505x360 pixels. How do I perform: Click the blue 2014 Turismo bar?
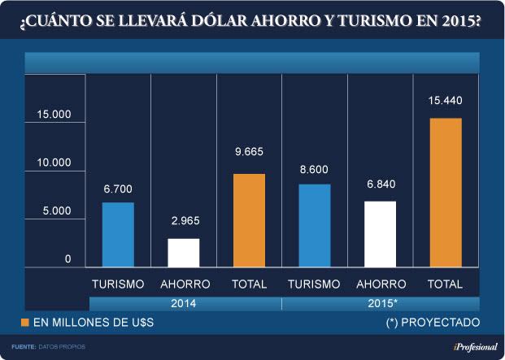click(118, 234)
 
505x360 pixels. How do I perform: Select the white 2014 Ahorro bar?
click(184, 252)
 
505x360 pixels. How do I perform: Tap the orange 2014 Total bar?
click(249, 219)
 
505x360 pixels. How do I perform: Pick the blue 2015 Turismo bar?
click(315, 225)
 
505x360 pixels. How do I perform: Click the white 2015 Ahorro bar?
click(380, 233)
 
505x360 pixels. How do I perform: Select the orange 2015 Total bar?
click(445, 192)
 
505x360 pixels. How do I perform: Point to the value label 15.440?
click(445, 100)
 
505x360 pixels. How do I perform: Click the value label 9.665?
click(249, 152)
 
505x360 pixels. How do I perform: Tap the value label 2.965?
click(184, 220)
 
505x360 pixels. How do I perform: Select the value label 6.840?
click(380, 184)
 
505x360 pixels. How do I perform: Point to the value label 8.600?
click(315, 167)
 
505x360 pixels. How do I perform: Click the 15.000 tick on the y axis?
click(54, 114)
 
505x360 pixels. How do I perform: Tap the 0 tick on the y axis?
click(69, 259)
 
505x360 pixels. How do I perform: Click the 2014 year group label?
click(183, 303)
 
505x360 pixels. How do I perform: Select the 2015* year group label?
click(380, 303)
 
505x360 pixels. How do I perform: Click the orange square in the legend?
click(25, 323)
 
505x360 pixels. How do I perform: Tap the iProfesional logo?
click(468, 347)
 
